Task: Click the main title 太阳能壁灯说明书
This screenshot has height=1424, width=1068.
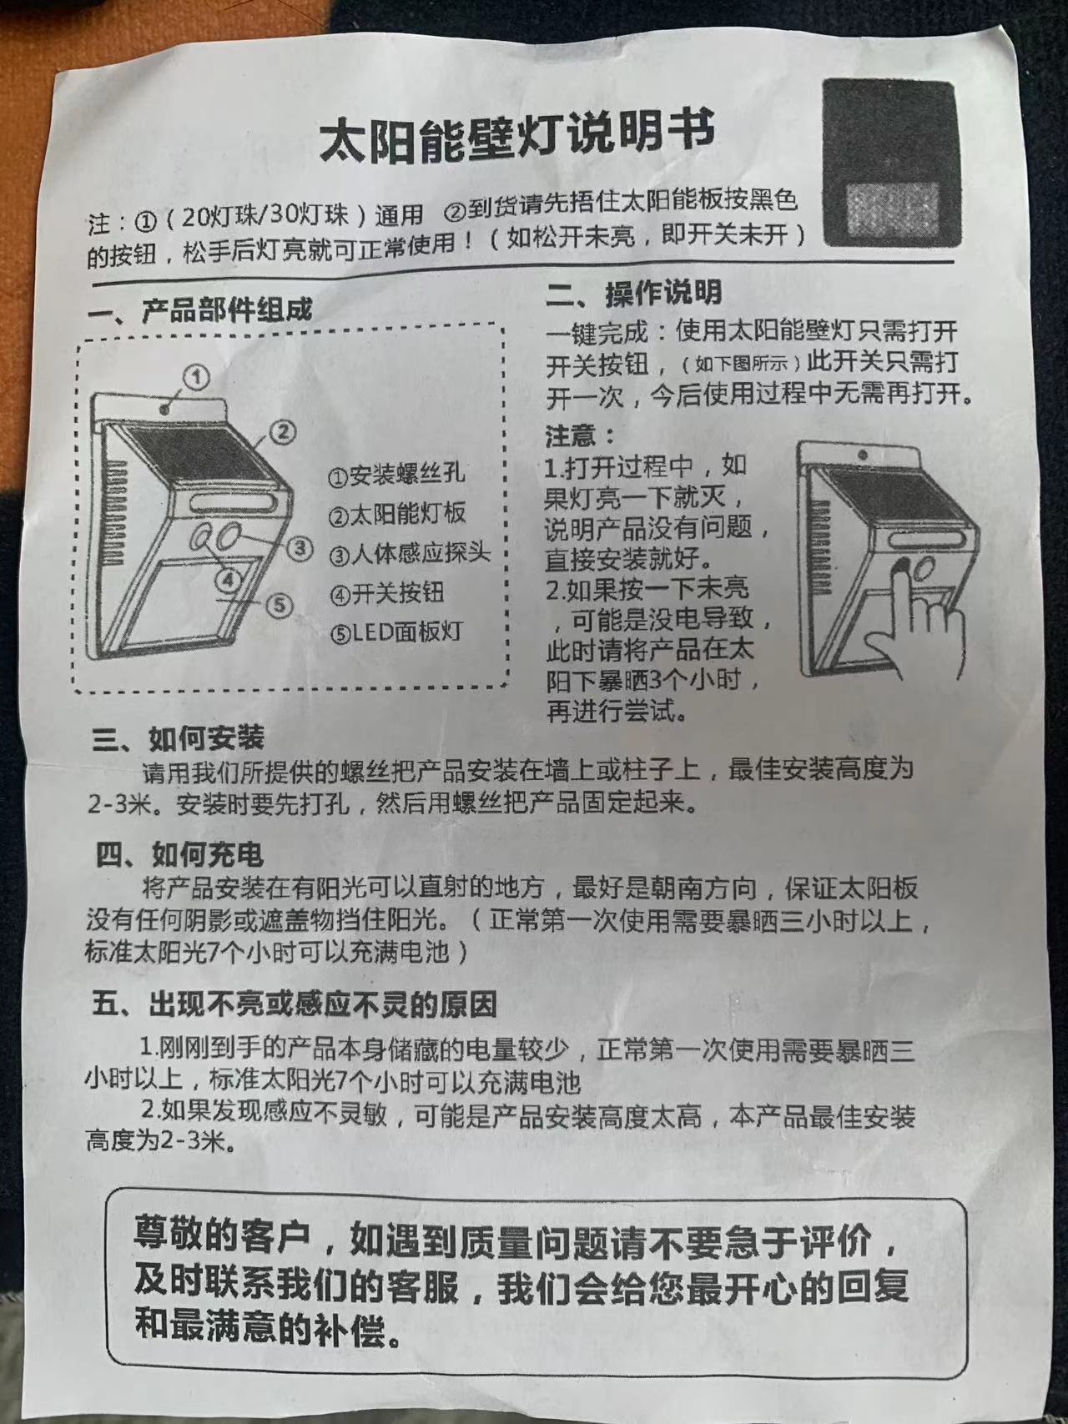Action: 517,137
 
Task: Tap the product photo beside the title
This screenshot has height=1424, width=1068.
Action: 889,162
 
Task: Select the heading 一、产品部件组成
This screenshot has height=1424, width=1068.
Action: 201,310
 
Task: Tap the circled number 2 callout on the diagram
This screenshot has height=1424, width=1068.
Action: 283,430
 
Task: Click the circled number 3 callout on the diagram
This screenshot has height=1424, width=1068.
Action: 300,548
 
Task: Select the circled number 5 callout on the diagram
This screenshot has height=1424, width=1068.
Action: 280,605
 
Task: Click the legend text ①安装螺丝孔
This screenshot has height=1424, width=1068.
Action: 395,476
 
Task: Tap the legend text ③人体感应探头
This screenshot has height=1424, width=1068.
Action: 409,554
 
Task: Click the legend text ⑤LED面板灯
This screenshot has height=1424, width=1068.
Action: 395,632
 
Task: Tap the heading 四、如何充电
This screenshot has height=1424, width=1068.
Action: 179,854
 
